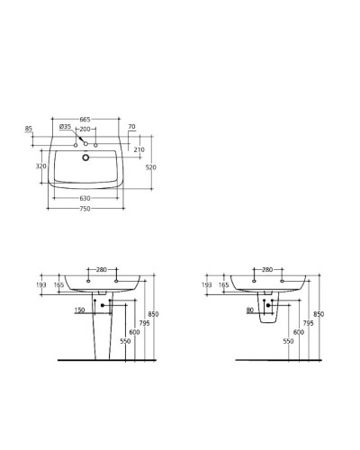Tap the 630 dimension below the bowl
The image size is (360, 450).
pyautogui.click(x=85, y=198)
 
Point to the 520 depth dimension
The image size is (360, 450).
pyautogui.click(x=152, y=167)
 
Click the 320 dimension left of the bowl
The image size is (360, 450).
pyautogui.click(x=40, y=166)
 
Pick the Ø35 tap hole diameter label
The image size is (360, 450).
pyautogui.click(x=65, y=127)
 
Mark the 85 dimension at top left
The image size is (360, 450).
pyautogui.click(x=29, y=129)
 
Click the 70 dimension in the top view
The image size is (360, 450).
pyautogui.click(x=131, y=127)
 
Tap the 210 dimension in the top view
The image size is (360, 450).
pyautogui.click(x=139, y=149)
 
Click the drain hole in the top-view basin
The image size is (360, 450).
pyautogui.click(x=86, y=158)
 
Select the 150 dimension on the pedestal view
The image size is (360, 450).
pyautogui.click(x=79, y=310)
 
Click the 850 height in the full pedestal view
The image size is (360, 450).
pyautogui.click(x=152, y=314)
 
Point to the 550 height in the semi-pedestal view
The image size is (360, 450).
pyautogui.click(x=288, y=341)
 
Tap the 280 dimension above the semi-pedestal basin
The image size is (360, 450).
pyautogui.click(x=266, y=269)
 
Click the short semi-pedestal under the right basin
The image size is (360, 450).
pyautogui.click(x=267, y=313)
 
